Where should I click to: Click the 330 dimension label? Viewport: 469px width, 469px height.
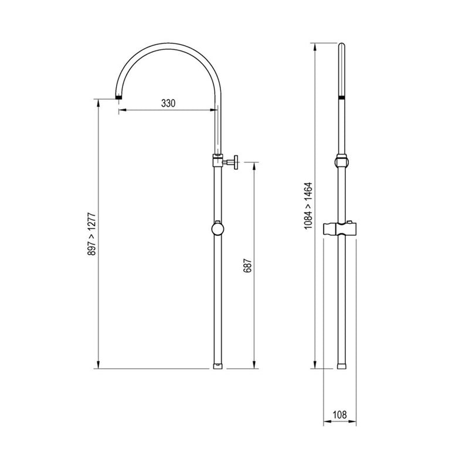[168, 103]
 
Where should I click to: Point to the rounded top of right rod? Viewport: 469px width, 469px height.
[342, 45]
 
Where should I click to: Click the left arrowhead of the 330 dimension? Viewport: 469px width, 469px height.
[120, 110]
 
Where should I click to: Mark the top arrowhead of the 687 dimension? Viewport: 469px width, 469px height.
[254, 164]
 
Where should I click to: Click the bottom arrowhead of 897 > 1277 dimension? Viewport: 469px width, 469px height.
[98, 366]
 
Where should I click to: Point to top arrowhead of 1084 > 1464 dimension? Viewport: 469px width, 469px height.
[315, 46]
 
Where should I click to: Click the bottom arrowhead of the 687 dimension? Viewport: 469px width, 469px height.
[254, 366]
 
